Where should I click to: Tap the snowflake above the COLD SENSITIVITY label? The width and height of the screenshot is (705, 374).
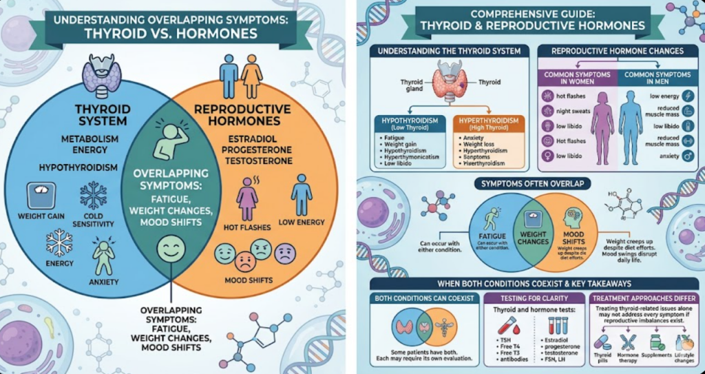(x=93, y=195)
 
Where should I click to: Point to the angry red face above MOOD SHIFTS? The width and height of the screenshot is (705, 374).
(x=245, y=259)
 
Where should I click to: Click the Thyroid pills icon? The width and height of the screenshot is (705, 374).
(x=603, y=342)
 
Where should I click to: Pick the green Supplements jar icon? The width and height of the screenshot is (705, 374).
(x=657, y=342)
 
